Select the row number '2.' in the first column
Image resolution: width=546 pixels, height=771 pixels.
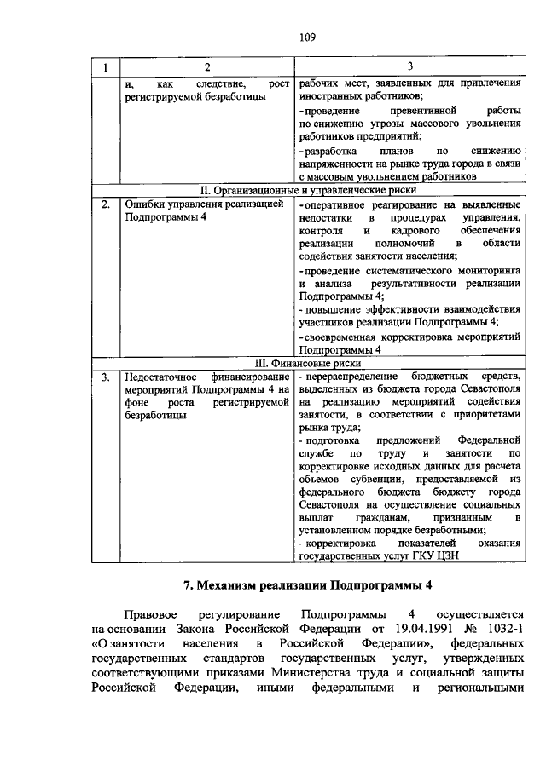(x=105, y=204)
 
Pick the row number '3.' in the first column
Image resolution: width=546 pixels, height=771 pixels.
(x=105, y=377)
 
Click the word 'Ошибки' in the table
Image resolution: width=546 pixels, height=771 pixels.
(x=144, y=204)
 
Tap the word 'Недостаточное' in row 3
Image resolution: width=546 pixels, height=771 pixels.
(x=166, y=377)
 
